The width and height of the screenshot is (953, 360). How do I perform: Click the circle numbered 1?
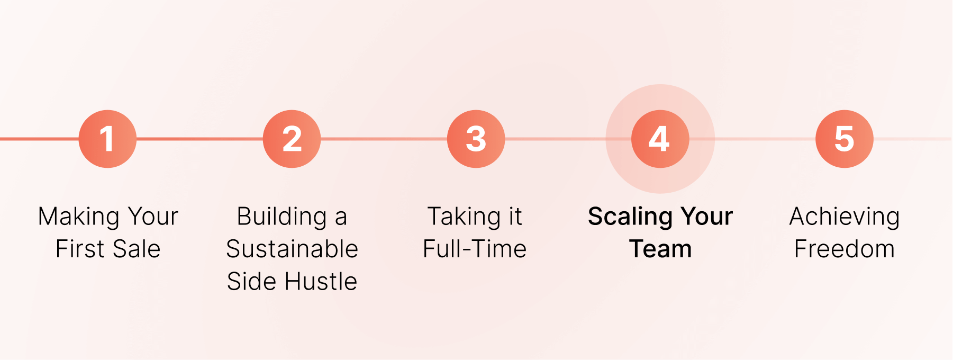pos(107,139)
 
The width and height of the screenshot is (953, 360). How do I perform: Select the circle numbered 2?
pos(292,139)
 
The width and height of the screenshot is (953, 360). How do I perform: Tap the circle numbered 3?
pos(476,139)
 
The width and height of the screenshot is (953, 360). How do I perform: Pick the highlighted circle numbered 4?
pos(660,139)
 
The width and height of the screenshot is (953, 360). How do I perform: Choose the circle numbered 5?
pos(844,139)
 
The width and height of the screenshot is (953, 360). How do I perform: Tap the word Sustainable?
pos(292,249)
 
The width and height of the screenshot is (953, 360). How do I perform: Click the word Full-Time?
pos(475,249)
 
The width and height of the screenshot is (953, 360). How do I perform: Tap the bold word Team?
pos(660,249)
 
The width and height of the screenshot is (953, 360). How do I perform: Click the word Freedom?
pos(845,249)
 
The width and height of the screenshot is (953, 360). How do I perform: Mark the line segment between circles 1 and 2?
pos(199,139)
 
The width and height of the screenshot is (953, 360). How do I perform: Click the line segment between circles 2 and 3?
pos(384,139)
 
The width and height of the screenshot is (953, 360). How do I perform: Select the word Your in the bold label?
pos(706,217)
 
